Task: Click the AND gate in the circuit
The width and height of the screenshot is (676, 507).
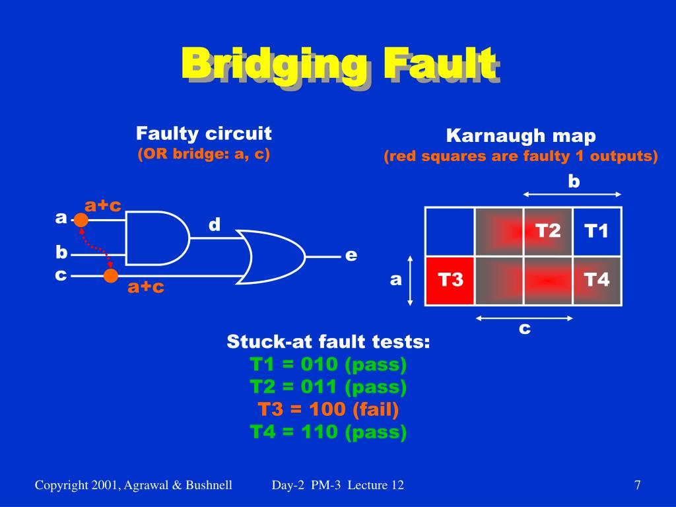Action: (x=157, y=238)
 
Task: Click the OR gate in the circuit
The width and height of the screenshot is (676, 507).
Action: (x=271, y=257)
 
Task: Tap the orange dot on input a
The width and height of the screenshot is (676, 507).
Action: (x=81, y=220)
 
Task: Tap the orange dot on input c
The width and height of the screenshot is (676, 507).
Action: (x=111, y=275)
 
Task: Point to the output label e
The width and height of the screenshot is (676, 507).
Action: (x=351, y=255)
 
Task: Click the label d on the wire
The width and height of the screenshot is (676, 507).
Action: (x=215, y=224)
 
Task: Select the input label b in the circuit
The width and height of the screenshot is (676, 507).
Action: (x=61, y=252)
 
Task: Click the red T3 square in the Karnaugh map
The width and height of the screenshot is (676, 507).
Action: (x=450, y=281)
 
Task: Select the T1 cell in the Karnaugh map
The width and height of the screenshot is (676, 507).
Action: (x=597, y=232)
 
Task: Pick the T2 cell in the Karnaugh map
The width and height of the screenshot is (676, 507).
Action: (x=548, y=232)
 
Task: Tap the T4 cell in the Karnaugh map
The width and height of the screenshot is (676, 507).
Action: (x=597, y=281)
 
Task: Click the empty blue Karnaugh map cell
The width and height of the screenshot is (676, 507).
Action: (x=450, y=232)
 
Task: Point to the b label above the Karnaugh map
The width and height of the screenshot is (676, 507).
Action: (x=574, y=182)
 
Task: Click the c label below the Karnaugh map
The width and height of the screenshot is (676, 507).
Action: (x=524, y=329)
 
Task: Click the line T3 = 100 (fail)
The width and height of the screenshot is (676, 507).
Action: (x=328, y=409)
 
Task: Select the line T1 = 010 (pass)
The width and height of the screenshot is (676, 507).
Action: (x=328, y=364)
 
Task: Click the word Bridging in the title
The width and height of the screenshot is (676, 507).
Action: (x=275, y=65)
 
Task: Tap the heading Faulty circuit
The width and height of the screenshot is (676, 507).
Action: (x=204, y=133)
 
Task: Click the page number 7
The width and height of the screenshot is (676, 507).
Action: (x=637, y=485)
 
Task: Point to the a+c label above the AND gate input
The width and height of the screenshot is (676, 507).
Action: (x=103, y=205)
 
